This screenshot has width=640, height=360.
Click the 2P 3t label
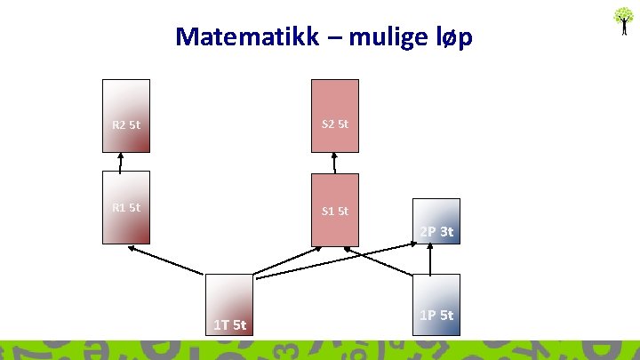click(x=436, y=232)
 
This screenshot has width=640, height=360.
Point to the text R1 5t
click(x=126, y=208)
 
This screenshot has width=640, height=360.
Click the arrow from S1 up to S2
click(x=334, y=163)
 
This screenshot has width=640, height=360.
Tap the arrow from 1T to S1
click(x=286, y=259)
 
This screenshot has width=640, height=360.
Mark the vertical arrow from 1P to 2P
click(x=430, y=258)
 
